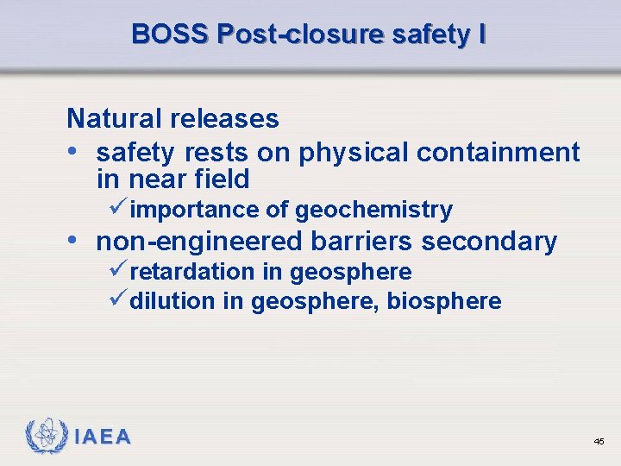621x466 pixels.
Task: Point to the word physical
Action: click(354, 153)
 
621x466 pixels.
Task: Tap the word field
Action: click(220, 179)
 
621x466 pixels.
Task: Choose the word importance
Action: click(194, 210)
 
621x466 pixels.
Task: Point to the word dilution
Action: click(172, 301)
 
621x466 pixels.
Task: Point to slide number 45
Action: click(599, 442)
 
